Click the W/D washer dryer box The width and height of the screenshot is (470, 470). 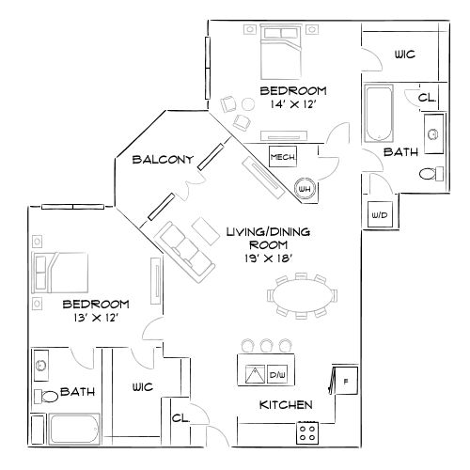coord(381,213)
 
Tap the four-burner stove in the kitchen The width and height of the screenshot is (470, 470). coord(308,431)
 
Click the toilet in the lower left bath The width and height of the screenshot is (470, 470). coord(43,395)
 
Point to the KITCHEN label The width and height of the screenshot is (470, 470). coord(286,406)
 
